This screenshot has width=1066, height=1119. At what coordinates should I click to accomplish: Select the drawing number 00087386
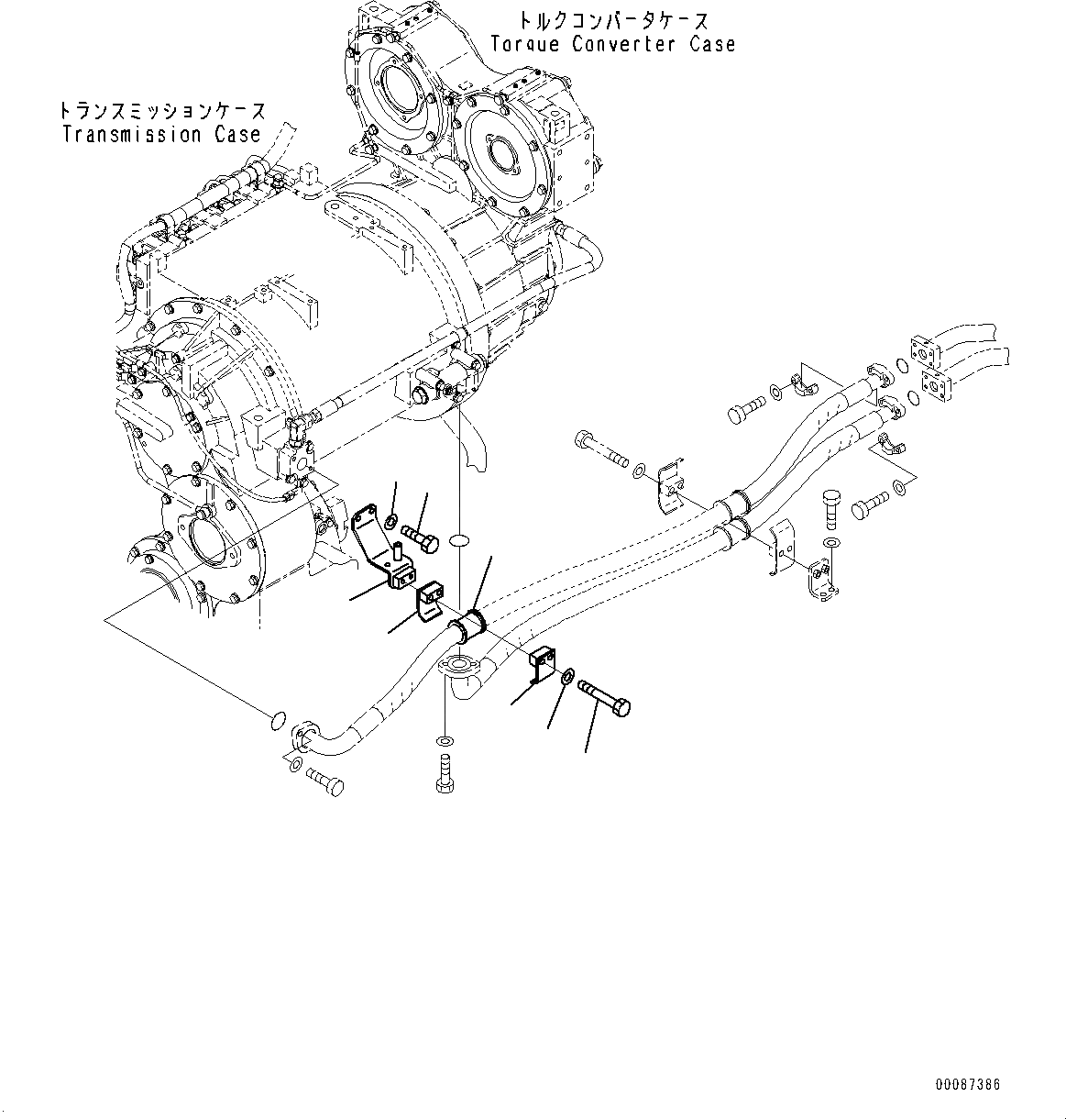pyautogui.click(x=967, y=1085)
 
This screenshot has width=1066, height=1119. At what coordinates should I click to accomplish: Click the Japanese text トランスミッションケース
pyautogui.click(x=162, y=112)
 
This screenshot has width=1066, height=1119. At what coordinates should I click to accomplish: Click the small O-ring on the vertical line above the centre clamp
pyautogui.click(x=459, y=543)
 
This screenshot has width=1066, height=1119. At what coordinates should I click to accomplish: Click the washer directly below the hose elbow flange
pyautogui.click(x=445, y=739)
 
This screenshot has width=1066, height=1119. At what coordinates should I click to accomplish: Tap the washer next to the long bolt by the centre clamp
pyautogui.click(x=566, y=677)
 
